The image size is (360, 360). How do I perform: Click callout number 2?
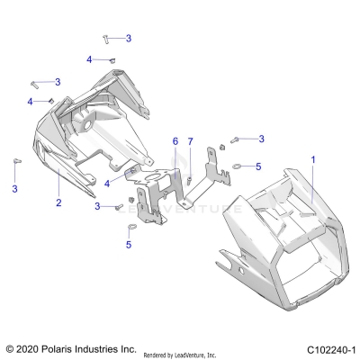click(x=58, y=203)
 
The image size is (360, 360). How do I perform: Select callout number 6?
click(x=175, y=141)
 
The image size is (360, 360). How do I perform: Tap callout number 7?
click(x=190, y=141)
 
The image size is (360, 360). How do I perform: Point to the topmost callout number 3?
click(x=129, y=38)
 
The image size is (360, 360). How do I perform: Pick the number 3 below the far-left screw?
click(x=15, y=188)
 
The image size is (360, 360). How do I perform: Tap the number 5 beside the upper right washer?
click(x=259, y=166)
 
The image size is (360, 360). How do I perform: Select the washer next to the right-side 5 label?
click(x=238, y=166)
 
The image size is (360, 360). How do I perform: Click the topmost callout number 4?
click(x=90, y=58)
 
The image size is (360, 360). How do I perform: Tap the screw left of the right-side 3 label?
click(x=238, y=139)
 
